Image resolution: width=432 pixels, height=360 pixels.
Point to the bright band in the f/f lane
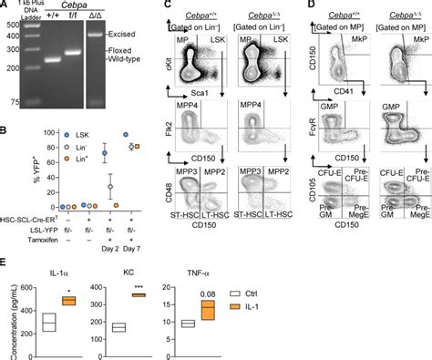pos(74,51)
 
